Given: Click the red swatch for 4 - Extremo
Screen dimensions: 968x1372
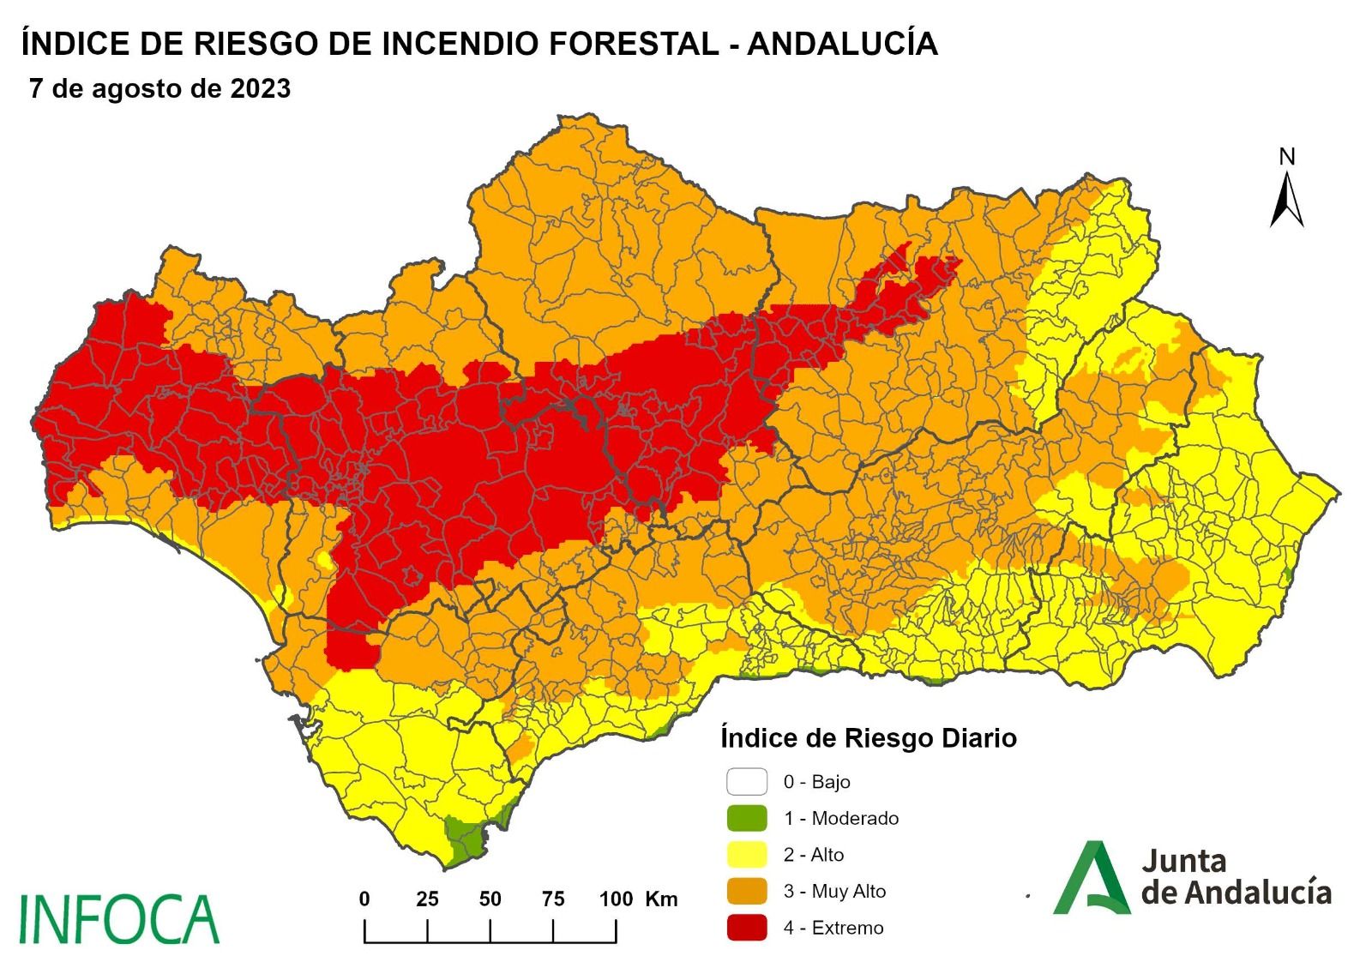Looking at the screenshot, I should [746, 927].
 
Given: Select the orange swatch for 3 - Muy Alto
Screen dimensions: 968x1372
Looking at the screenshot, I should [746, 891].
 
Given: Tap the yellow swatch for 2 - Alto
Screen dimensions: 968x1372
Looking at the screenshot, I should [746, 854].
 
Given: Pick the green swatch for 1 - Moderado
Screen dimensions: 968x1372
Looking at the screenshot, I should [746, 818].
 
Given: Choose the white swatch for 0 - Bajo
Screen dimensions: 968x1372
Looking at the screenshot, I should [746, 781].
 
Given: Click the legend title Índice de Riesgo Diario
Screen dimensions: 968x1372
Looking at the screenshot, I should [868, 738].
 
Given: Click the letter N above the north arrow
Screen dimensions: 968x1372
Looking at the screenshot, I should [1286, 157].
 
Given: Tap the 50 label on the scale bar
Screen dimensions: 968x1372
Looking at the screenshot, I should [490, 899].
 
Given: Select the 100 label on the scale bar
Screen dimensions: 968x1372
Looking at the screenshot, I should [616, 899].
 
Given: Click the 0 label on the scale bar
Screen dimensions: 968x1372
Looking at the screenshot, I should [364, 899].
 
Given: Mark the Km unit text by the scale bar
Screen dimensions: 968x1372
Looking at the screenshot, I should [661, 899].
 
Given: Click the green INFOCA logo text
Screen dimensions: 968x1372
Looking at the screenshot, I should [118, 919].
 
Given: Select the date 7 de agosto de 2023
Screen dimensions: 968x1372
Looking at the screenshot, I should [159, 89].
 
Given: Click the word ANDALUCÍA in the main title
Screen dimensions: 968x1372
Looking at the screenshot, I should [842, 44].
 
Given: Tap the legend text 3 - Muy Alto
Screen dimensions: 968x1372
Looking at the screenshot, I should [834, 891].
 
